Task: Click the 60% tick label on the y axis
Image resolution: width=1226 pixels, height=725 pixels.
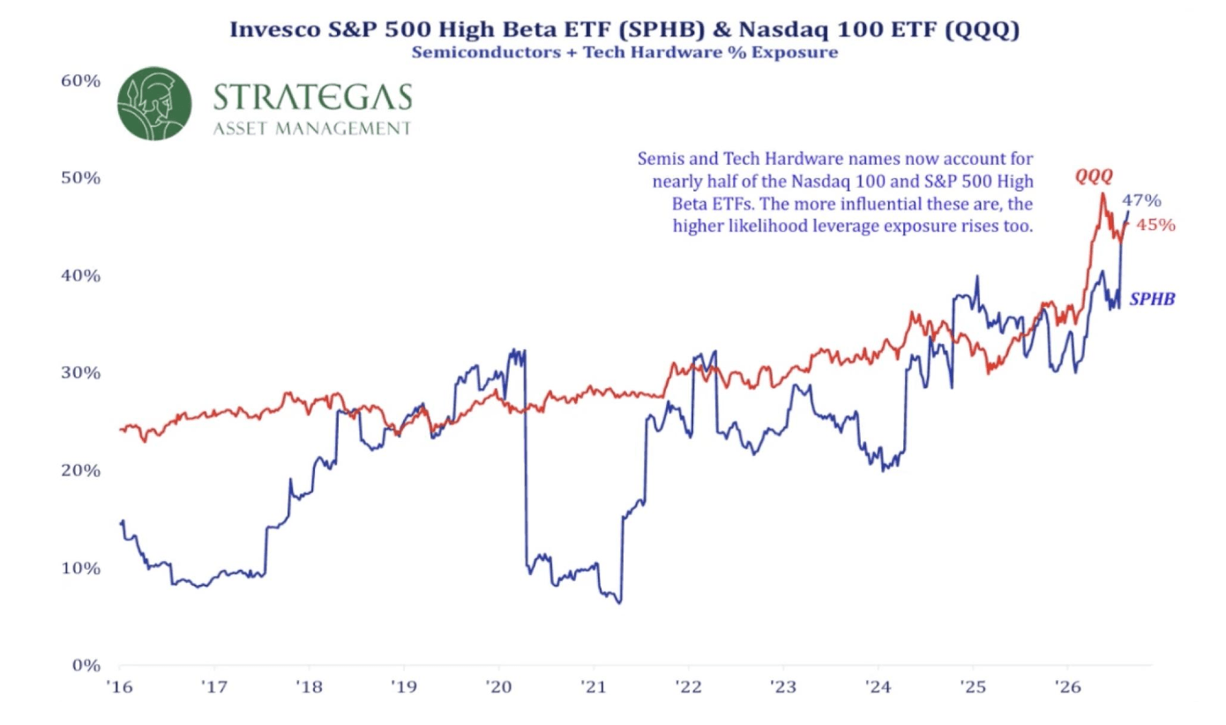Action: coord(81,81)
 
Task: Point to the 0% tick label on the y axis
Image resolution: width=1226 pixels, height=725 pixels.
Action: coord(86,665)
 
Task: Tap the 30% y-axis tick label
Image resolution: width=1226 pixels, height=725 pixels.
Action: coord(81,373)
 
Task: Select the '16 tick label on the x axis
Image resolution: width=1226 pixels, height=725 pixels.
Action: coord(119,687)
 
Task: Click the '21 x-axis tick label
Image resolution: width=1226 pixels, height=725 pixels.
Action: coord(594,687)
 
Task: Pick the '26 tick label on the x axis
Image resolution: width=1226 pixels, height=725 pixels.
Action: coord(1068,687)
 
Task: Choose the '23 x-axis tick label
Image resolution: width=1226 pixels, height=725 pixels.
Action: coord(783,687)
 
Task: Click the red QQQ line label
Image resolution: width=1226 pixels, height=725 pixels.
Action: coord(1094,176)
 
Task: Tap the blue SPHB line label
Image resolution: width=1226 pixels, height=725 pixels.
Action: coord(1152,299)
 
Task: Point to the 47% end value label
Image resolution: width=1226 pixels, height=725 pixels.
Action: coord(1141,200)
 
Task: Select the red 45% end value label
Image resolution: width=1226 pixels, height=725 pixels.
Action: coord(1156,225)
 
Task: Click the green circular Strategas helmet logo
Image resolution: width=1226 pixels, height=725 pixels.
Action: coord(154,103)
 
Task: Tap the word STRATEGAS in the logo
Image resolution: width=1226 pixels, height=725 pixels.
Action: coord(312,97)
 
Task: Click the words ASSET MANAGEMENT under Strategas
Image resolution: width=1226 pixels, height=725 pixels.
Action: coord(312,129)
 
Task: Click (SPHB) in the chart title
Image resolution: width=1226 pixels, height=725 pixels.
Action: coord(662,29)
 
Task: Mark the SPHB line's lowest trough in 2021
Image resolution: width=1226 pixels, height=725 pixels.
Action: coord(619,603)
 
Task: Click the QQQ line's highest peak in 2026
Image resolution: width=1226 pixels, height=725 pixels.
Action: coord(1103,194)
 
